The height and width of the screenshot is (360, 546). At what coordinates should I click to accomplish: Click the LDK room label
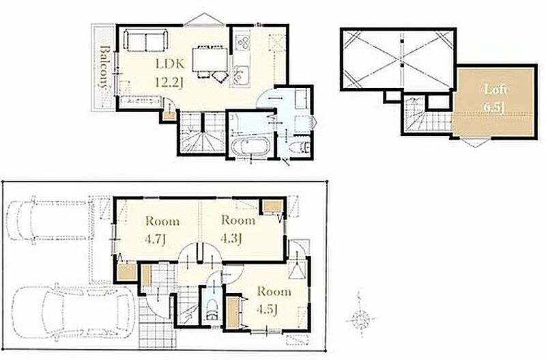tap(169, 64)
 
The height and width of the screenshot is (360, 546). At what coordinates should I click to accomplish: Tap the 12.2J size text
tap(169, 83)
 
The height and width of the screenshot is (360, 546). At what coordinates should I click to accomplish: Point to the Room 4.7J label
tap(162, 230)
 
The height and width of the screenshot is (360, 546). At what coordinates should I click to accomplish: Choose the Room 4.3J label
tap(238, 230)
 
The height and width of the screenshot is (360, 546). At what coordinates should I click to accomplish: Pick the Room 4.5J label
tap(274, 300)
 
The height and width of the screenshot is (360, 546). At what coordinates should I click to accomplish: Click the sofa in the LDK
tap(145, 40)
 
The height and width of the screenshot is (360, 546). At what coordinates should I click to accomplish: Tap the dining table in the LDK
tap(210, 59)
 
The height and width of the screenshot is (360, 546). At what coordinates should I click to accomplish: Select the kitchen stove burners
tap(242, 42)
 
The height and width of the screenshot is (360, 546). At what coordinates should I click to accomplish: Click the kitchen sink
tap(240, 74)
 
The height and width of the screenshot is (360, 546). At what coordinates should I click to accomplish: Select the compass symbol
tap(360, 318)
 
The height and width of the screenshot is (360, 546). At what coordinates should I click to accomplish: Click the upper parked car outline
tap(47, 220)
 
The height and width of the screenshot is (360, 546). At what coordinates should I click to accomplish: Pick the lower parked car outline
tap(73, 312)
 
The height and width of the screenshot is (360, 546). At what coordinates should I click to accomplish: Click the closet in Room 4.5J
tap(233, 312)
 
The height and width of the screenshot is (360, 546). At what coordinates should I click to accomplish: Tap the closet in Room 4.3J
tap(272, 207)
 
